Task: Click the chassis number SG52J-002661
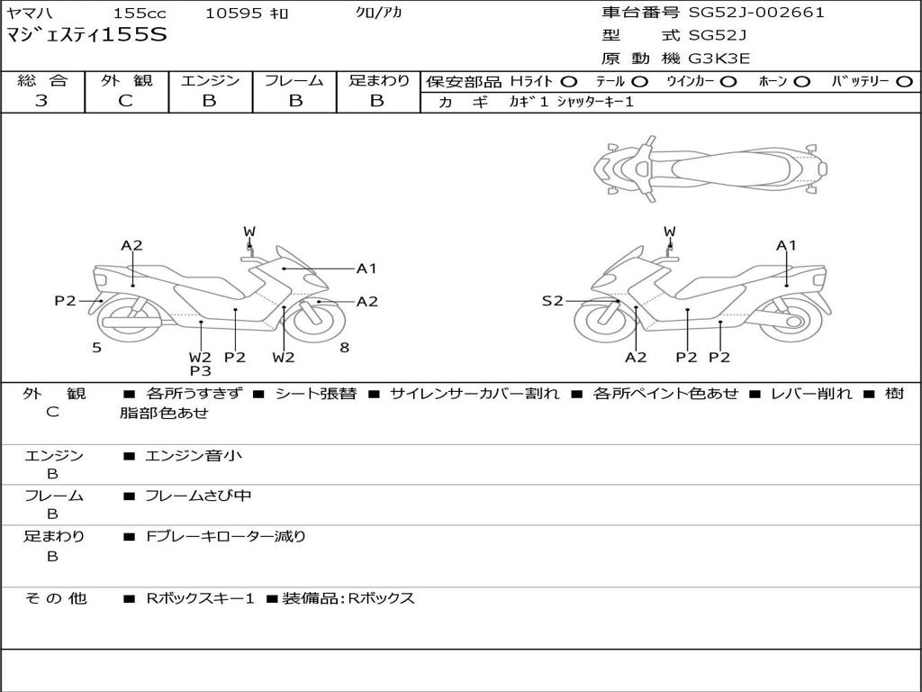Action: [x=756, y=13]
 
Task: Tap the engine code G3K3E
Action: [x=719, y=59]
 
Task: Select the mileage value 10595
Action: [x=234, y=14]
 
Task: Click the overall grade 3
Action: [x=41, y=101]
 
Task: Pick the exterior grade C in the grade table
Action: [x=126, y=101]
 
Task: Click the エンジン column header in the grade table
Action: [x=210, y=81]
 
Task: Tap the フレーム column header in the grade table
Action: [x=294, y=81]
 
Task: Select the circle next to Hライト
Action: [x=569, y=82]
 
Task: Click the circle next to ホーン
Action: [x=801, y=82]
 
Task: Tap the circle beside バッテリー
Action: [x=904, y=82]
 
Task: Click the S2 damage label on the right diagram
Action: [x=552, y=301]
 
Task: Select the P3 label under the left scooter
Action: [x=200, y=370]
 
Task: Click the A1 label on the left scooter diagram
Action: [x=366, y=268]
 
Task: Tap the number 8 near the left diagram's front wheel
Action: [x=345, y=347]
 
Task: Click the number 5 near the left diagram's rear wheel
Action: [x=96, y=347]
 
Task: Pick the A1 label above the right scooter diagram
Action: [x=786, y=245]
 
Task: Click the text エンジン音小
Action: [x=194, y=456]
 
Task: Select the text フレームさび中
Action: [x=198, y=496]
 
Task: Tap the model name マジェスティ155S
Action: [x=86, y=36]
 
